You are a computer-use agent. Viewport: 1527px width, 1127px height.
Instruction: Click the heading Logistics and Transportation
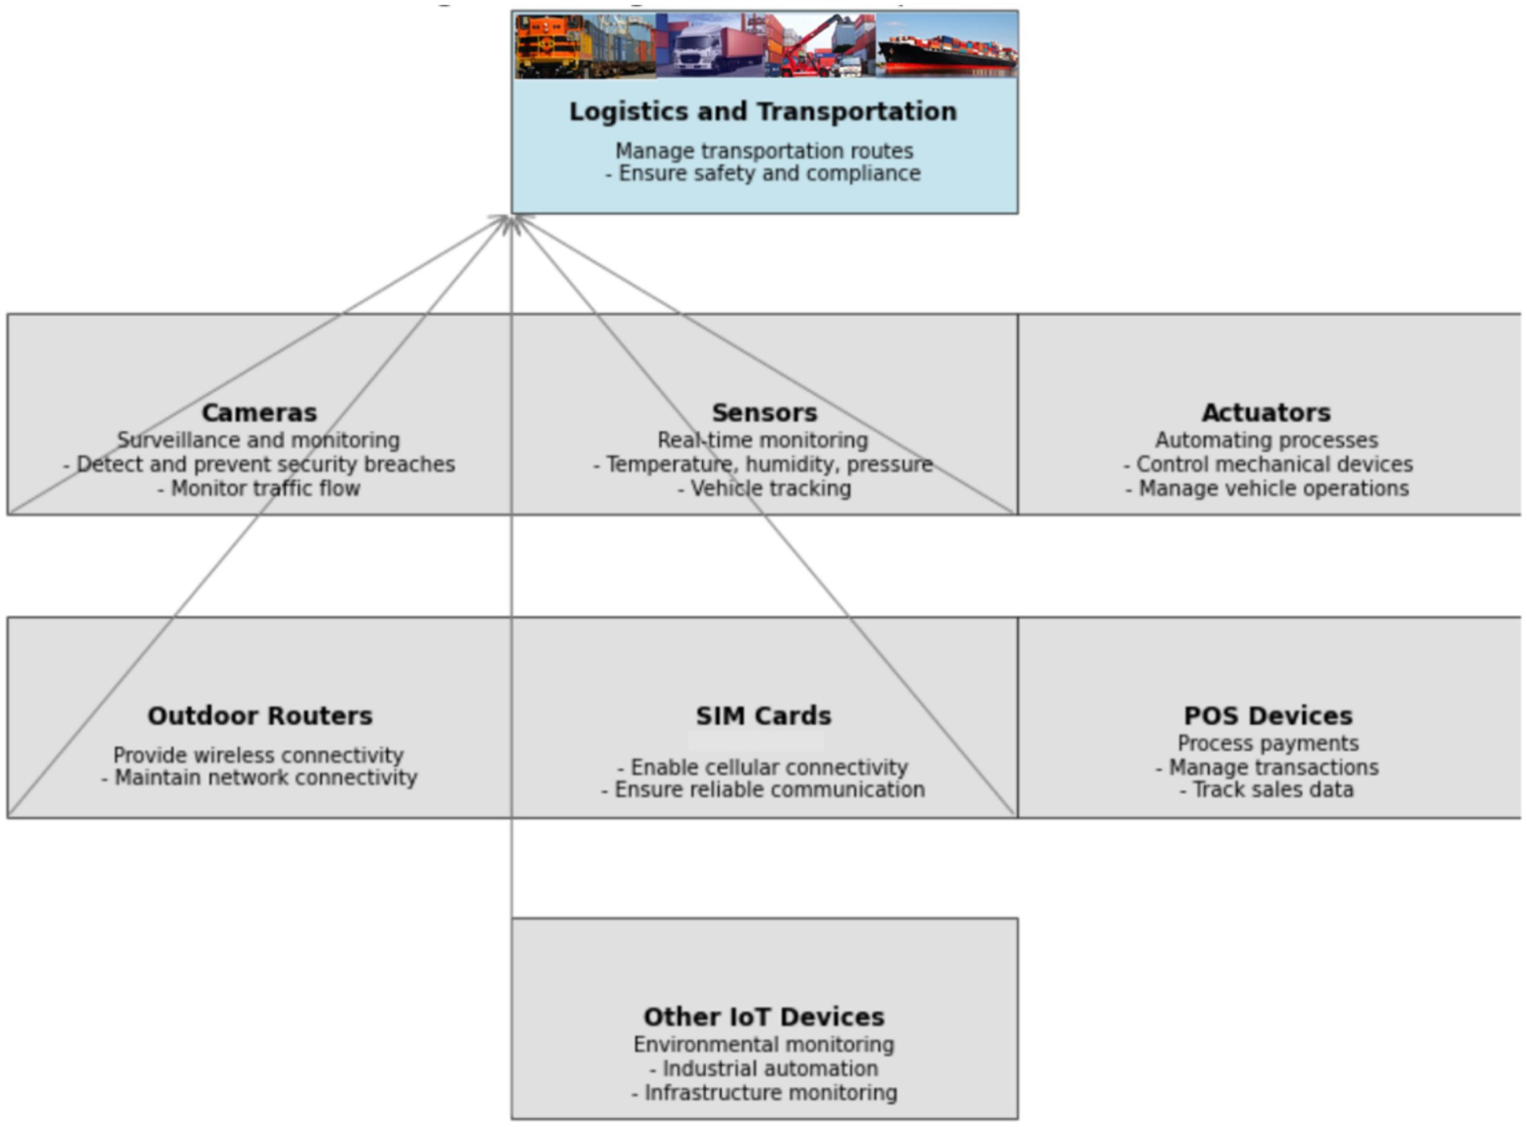[x=762, y=112]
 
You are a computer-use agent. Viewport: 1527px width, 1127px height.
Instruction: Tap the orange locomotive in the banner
[x=551, y=47]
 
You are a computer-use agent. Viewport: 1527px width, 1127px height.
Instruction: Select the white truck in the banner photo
[x=699, y=50]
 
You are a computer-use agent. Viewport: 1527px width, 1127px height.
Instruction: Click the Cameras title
[x=259, y=413]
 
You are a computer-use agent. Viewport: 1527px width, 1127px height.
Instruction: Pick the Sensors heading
[x=764, y=413]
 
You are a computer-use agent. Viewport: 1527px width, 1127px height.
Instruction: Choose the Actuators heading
[x=1266, y=413]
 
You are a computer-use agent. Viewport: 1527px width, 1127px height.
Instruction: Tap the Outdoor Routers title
[x=259, y=716]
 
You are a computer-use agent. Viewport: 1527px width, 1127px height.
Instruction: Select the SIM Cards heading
[x=763, y=716]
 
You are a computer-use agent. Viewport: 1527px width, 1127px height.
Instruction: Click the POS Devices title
[x=1268, y=716]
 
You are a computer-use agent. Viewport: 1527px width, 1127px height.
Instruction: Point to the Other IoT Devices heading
[x=763, y=1017]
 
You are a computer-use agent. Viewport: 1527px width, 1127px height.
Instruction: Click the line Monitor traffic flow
[x=259, y=489]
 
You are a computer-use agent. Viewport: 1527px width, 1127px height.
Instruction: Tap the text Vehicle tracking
[x=764, y=489]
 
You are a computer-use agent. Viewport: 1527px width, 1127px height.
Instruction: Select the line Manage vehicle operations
[x=1267, y=489]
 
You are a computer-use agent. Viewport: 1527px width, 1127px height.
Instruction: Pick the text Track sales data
[x=1267, y=790]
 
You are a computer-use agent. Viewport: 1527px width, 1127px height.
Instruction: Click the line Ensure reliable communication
[x=763, y=790]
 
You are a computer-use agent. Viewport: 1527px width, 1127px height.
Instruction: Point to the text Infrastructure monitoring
[x=764, y=1093]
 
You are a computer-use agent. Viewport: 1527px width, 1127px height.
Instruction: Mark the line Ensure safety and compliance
[x=763, y=173]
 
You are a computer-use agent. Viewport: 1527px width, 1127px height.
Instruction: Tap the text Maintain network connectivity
[x=259, y=778]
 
